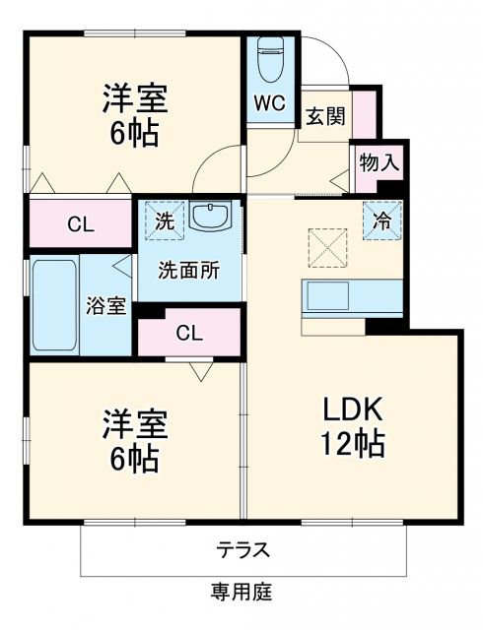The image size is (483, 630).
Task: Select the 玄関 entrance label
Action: point(324,117)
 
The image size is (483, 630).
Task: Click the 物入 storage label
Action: point(379,162)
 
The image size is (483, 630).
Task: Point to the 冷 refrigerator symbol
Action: point(381,220)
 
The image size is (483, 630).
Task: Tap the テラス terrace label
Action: point(242,548)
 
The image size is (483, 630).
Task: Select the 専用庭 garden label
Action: point(242,593)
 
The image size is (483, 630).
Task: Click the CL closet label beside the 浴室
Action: point(80,224)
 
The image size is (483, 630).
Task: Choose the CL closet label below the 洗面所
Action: point(189,333)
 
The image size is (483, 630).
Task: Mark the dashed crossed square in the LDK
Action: point(326,245)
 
